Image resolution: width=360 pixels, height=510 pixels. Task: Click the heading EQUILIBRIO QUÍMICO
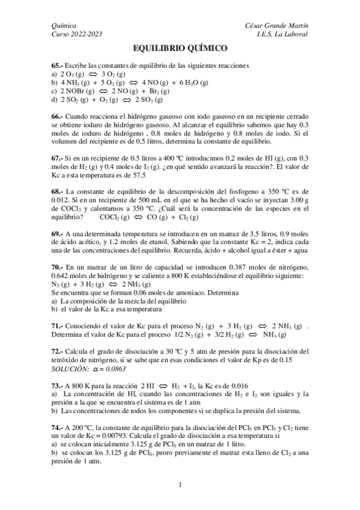(x=180, y=48)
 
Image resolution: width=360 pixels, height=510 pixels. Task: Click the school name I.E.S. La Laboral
(x=281, y=34)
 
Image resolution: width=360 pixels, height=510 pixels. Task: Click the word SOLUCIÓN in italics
(x=70, y=368)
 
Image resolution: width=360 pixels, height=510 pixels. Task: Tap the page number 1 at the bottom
(x=180, y=484)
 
